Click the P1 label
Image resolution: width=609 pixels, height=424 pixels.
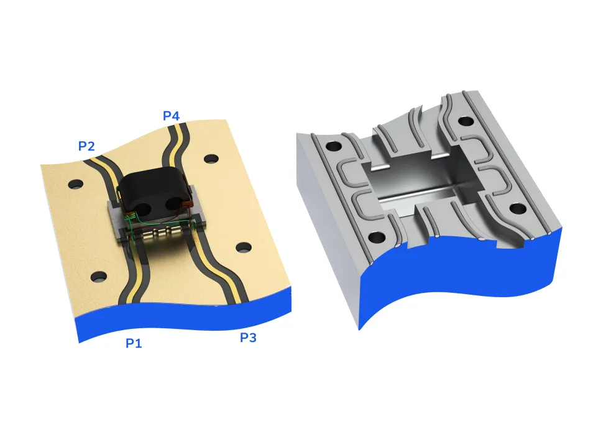134,343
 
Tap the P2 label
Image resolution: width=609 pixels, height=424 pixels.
86,146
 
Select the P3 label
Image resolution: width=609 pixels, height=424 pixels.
248,338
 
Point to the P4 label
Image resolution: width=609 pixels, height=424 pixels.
172,116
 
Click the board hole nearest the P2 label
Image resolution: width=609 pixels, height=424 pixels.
76,184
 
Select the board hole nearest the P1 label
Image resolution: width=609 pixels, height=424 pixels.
98,276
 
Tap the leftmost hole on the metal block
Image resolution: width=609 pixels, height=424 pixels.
334,147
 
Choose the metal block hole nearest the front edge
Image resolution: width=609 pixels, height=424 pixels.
377,237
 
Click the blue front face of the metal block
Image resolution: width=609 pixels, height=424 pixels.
460,280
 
